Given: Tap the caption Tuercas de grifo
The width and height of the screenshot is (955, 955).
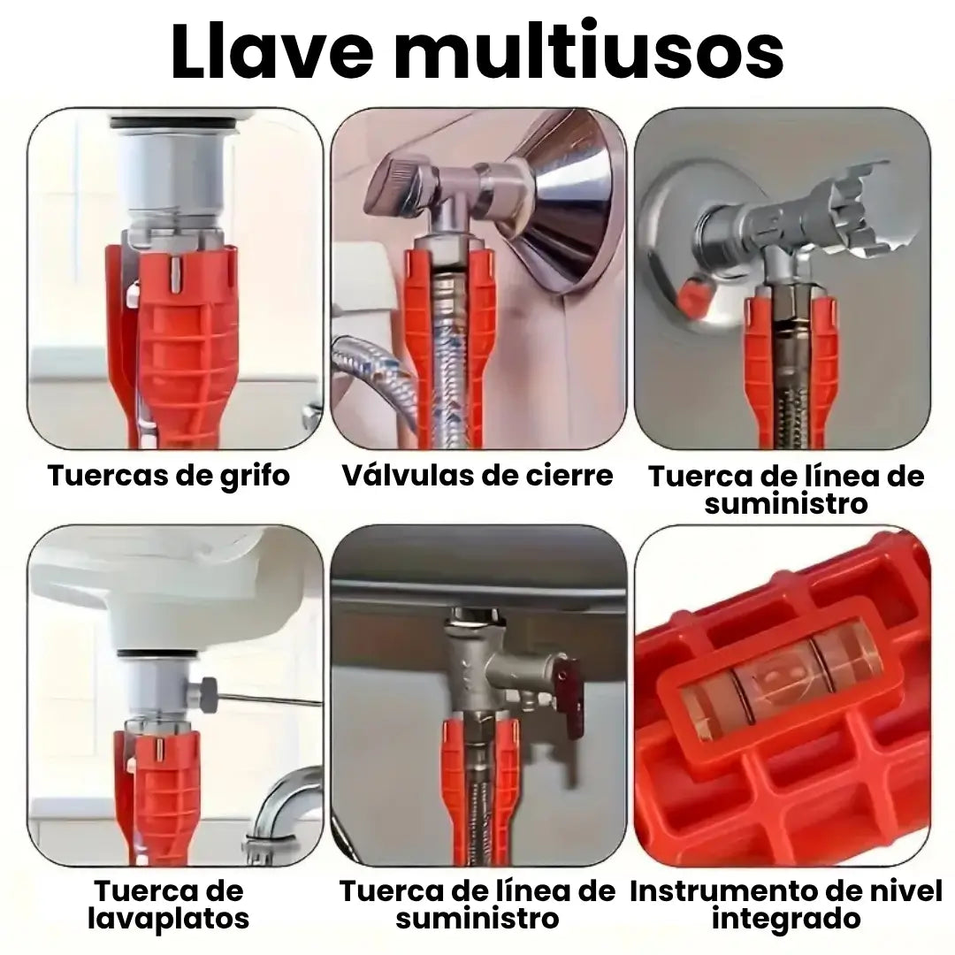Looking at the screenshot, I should click(169, 476).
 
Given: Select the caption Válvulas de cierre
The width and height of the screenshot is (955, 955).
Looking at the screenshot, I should click(477, 476).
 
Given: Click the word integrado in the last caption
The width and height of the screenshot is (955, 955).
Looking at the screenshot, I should click(786, 918).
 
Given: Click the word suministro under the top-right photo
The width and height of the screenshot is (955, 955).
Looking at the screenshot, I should click(786, 503).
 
